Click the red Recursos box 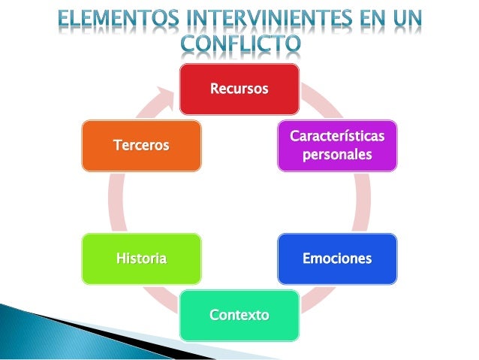pos(239,89)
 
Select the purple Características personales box pos(337,146)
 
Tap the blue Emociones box pos(337,259)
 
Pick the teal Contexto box pos(239,315)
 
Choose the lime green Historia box pos(141,259)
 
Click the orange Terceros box pos(141,145)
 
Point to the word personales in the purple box pos(337,155)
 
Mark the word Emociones pos(337,259)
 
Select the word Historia pos(141,259)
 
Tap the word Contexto pos(239,315)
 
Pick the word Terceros pos(141,145)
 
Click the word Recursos pos(239,89)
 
